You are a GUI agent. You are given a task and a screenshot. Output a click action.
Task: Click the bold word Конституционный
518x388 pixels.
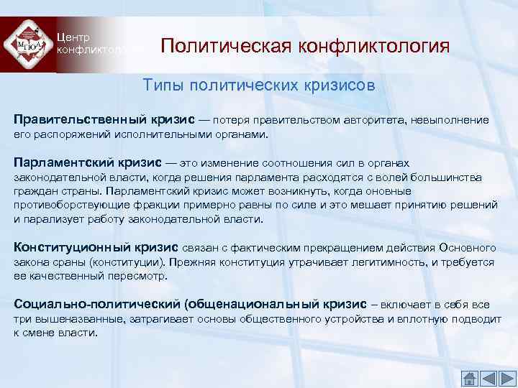(x=67, y=248)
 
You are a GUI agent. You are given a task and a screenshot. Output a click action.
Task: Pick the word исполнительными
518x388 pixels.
(x=168, y=134)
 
